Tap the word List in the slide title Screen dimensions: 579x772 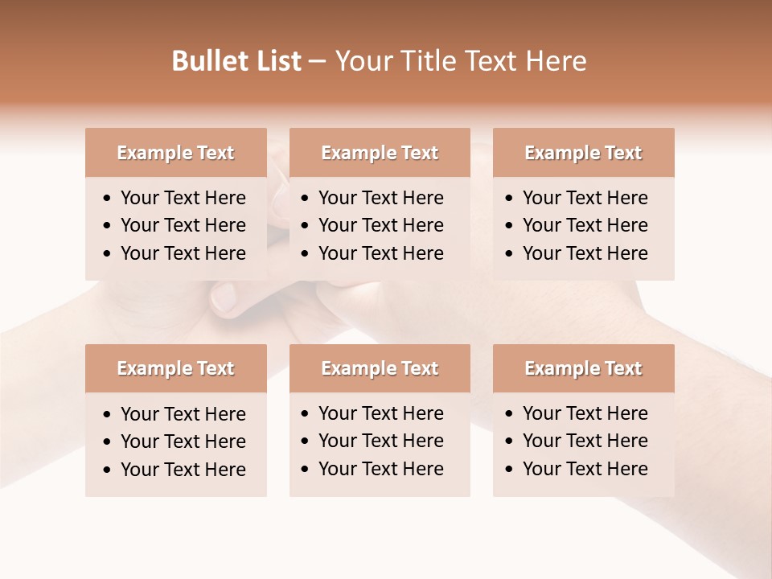point(276,61)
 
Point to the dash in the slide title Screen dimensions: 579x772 point(317,62)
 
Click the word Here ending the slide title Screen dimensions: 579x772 point(556,61)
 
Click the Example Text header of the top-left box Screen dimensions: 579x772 point(175,153)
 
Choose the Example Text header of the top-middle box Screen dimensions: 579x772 point(380,153)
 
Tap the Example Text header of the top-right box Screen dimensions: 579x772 point(583,153)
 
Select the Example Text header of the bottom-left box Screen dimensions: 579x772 point(175,368)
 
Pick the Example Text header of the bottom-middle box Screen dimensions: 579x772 point(380,368)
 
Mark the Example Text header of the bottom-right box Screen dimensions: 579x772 point(583,368)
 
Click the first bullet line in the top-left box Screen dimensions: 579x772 point(183,198)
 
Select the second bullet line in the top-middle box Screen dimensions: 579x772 point(380,225)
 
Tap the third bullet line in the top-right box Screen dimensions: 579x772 point(585,253)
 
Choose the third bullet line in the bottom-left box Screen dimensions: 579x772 point(183,470)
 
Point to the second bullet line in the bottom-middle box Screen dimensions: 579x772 point(380,441)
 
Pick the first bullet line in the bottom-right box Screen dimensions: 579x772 point(585,413)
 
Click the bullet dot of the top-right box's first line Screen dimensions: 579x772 point(509,199)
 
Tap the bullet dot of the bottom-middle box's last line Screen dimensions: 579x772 point(305,470)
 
